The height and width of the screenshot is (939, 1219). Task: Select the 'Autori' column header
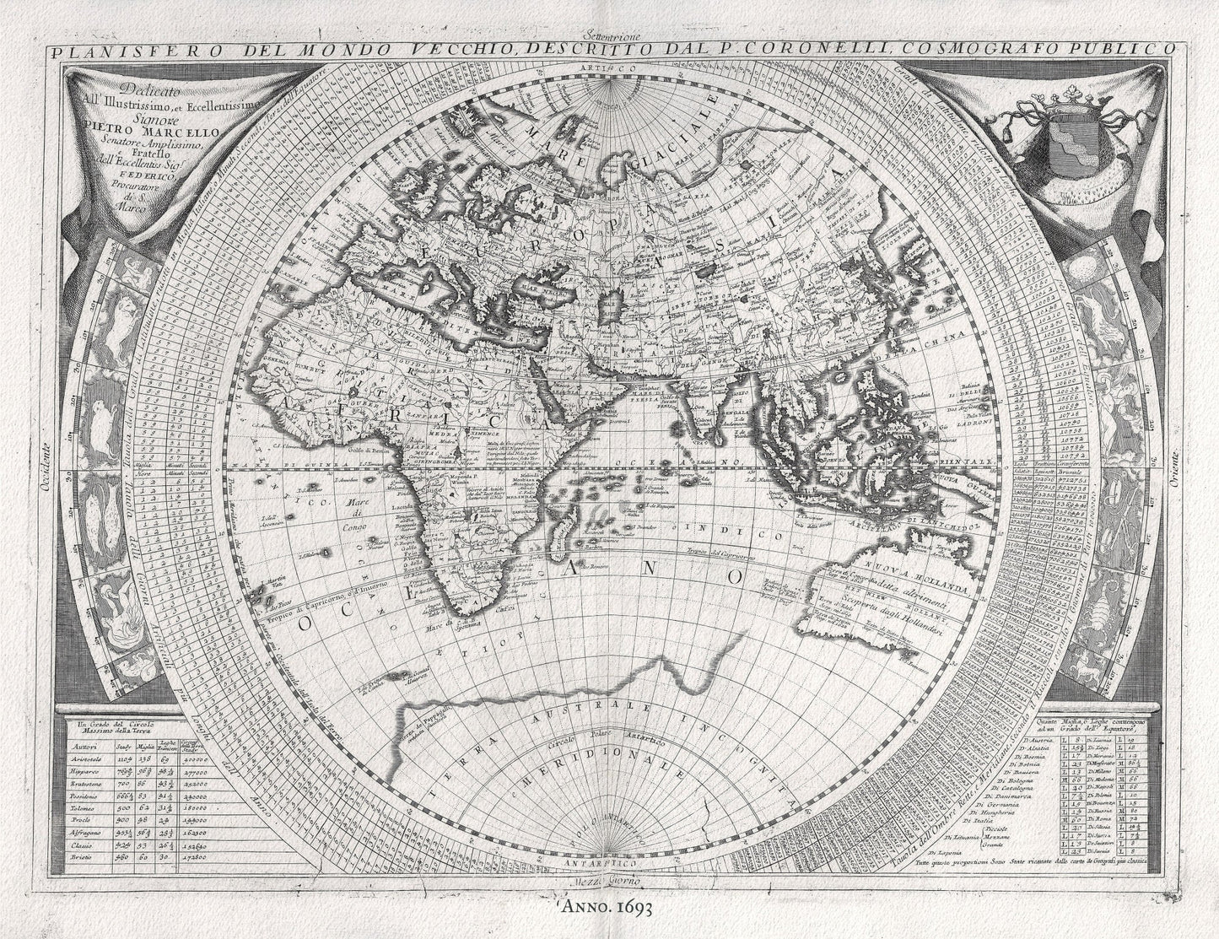coord(84,746)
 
